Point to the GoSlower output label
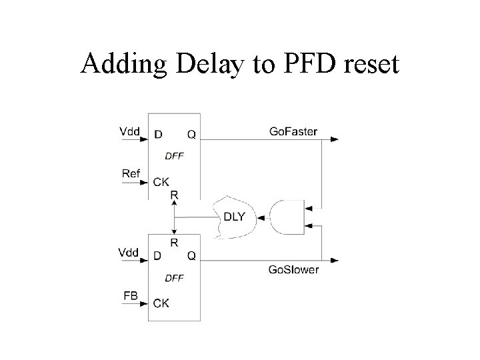294,270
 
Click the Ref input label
131,173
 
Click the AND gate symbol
286,217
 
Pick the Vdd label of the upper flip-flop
130,131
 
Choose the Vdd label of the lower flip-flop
130,252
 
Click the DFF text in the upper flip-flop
173,157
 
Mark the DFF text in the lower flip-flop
173,278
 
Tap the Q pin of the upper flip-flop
191,134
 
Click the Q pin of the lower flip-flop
191,255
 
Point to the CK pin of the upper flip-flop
161,181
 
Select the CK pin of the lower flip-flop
161,303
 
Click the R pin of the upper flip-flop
174,194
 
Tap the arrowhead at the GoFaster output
335,139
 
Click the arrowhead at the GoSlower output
335,260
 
